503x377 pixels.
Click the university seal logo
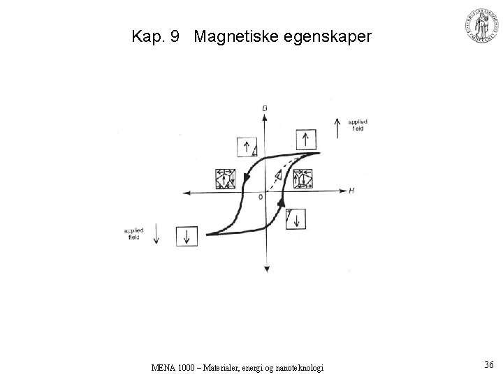(481, 27)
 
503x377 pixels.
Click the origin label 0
(261, 198)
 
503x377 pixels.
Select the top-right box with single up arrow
(305, 139)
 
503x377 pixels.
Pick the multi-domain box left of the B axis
(226, 179)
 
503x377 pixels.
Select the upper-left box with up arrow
(248, 148)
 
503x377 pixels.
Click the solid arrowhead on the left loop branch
(247, 181)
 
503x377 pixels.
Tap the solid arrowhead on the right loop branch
(281, 202)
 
